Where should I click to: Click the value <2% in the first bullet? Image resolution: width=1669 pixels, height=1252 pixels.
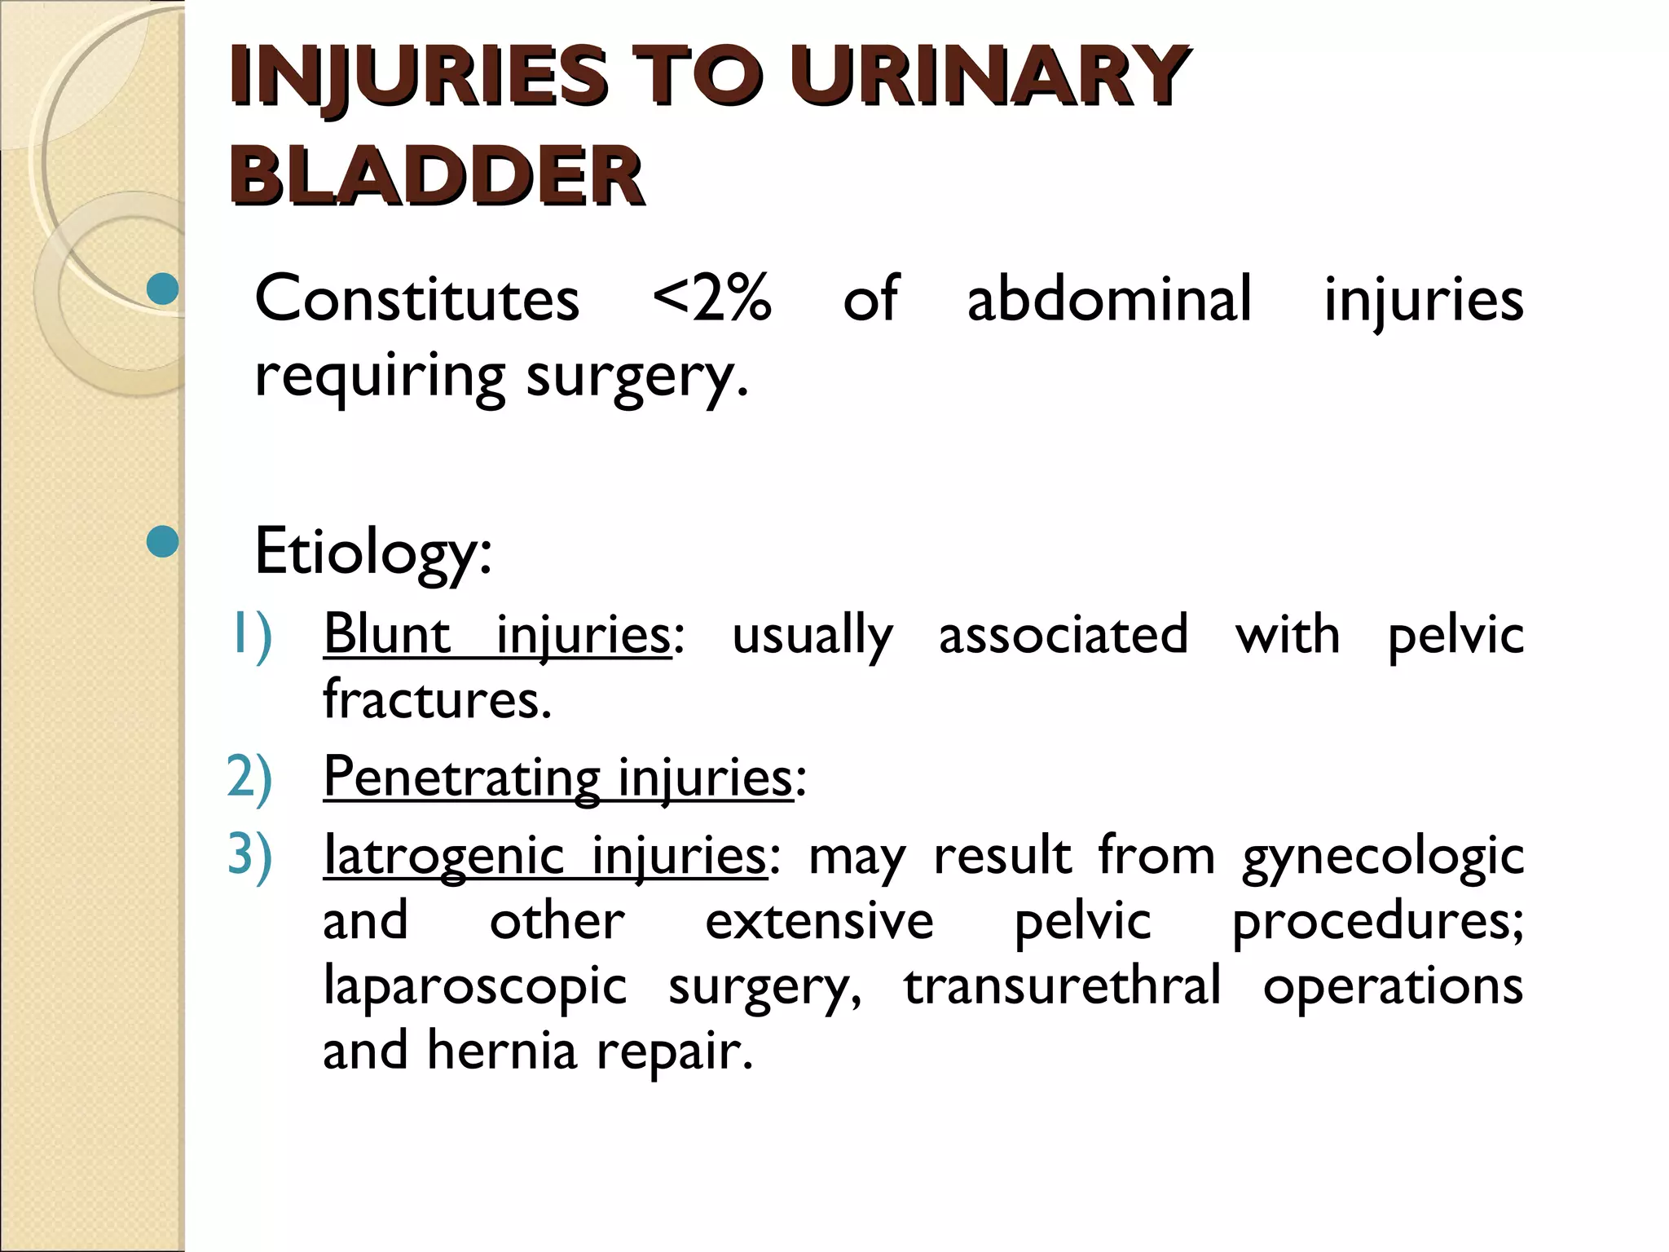pyautogui.click(x=711, y=298)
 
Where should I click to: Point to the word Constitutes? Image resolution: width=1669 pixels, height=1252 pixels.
pyautogui.click(x=416, y=298)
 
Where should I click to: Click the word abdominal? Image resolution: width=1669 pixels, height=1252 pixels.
pyautogui.click(x=1108, y=298)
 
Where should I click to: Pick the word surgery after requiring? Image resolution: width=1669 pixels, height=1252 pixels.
pyautogui.click(x=636, y=377)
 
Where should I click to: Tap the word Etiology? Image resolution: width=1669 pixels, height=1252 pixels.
pyautogui.click(x=372, y=552)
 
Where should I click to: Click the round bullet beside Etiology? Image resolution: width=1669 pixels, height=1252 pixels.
pyautogui.click(x=163, y=541)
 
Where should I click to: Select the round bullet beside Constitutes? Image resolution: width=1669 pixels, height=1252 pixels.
pyautogui.click(x=163, y=289)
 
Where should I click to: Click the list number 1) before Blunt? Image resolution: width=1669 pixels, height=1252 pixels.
pyautogui.click(x=250, y=634)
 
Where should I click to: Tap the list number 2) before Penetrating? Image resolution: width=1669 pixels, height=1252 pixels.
pyautogui.click(x=249, y=776)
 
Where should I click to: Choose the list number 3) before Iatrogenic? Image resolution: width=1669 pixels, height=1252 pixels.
pyautogui.click(x=249, y=855)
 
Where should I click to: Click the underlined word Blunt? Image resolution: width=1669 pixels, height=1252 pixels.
pyautogui.click(x=387, y=634)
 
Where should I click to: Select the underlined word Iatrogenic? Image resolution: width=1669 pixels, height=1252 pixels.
pyautogui.click(x=444, y=856)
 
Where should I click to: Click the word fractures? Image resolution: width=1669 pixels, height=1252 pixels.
pyautogui.click(x=437, y=699)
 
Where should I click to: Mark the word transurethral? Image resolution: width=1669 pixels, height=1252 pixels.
pyautogui.click(x=1062, y=986)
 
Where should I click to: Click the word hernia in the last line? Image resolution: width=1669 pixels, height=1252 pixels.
pyautogui.click(x=502, y=1051)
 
